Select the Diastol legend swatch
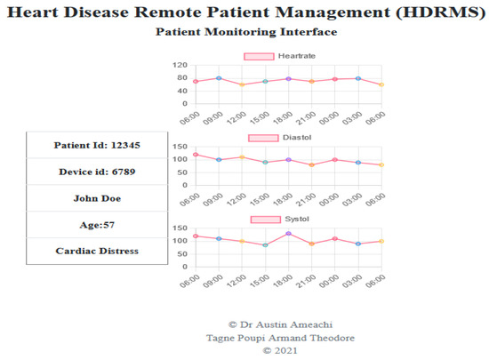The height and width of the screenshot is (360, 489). (264, 138)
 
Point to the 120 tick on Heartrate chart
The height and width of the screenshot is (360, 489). (180, 66)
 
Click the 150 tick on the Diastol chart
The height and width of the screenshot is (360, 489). (180, 147)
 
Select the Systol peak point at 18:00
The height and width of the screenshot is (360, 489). (289, 234)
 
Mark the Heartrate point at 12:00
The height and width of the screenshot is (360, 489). (242, 84)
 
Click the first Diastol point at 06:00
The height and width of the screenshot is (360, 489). (196, 155)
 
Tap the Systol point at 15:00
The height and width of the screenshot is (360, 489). (265, 244)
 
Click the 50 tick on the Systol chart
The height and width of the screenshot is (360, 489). (182, 253)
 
